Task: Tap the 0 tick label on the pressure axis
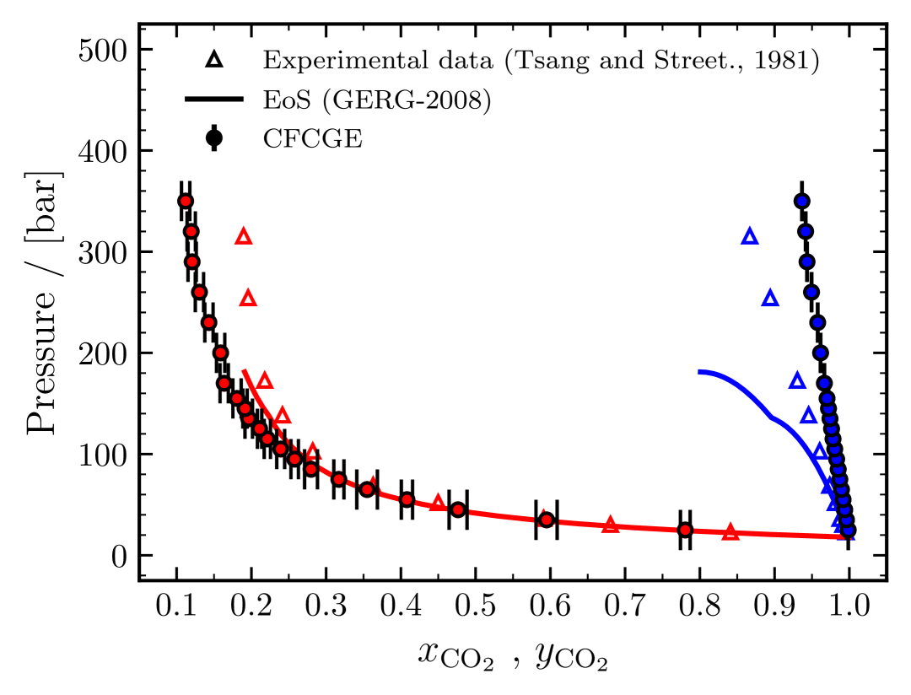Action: coord(118,556)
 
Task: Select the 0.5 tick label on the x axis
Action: coord(476,607)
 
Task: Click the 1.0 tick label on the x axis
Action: coord(849,607)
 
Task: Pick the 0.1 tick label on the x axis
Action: coord(177,607)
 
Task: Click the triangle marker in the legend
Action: coord(214,61)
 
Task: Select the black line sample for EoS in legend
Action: coord(214,100)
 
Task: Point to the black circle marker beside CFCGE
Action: coord(214,137)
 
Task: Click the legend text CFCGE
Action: coord(313,137)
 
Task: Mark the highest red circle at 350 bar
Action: coord(186,201)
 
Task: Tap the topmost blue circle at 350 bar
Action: coord(802,201)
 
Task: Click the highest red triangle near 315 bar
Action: coord(244,237)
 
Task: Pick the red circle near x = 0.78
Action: coord(685,530)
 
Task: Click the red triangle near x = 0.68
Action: coord(611,525)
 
